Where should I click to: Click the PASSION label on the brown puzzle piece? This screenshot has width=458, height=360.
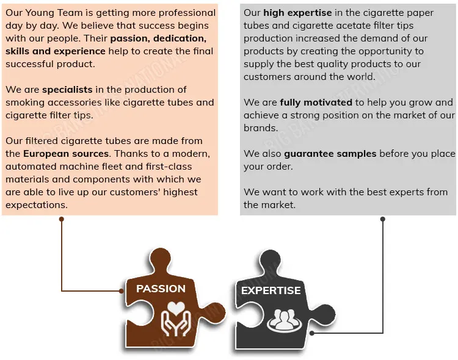point(161,289)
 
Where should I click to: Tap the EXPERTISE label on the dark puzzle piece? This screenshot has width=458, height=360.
point(271,290)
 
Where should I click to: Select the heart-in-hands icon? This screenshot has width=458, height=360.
point(176,319)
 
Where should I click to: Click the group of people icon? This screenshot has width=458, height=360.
point(283,320)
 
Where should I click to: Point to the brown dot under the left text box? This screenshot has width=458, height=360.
point(61,219)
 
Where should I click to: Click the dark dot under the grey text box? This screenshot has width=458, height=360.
point(383,219)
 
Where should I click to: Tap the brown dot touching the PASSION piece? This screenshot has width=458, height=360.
point(122,291)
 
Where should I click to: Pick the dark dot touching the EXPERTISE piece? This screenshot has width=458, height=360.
point(312,333)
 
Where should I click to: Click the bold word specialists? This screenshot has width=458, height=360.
point(67,90)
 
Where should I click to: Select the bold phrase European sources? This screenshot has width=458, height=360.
point(66,154)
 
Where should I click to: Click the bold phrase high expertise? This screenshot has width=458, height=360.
point(297,13)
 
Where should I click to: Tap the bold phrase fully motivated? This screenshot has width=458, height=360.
point(316,103)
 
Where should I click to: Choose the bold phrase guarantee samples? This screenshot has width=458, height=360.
point(330,154)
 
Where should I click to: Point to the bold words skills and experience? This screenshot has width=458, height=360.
point(56,51)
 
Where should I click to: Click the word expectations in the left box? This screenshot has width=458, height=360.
point(37,205)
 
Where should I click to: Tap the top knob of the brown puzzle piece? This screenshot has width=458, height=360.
point(161,258)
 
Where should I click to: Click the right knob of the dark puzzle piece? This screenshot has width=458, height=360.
point(325,315)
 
